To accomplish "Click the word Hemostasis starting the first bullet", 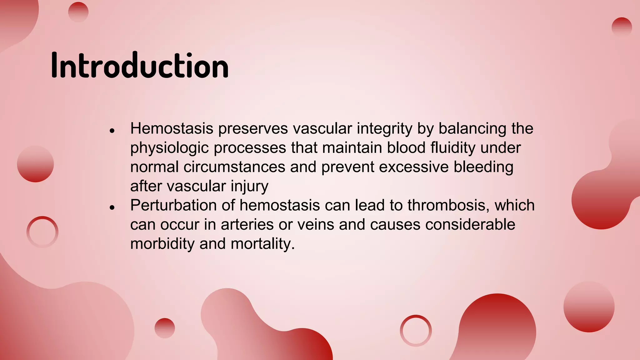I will click(x=172, y=128).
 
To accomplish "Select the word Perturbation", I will click(x=173, y=205).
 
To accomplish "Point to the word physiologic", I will click(x=169, y=148).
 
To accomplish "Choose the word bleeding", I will click(x=483, y=167).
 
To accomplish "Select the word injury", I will click(x=249, y=186).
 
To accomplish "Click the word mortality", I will click(x=262, y=244).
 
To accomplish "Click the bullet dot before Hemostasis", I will click(x=112, y=131).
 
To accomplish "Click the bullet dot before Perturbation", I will click(x=112, y=207).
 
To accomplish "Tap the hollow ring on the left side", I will click(x=42, y=232).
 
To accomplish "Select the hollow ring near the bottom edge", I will click(x=416, y=330).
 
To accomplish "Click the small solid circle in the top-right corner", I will click(x=622, y=27).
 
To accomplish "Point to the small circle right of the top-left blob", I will click(x=78, y=12).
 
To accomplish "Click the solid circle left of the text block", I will click(x=35, y=164).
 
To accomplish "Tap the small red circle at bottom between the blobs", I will click(x=165, y=328).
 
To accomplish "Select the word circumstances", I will click(x=234, y=167).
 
